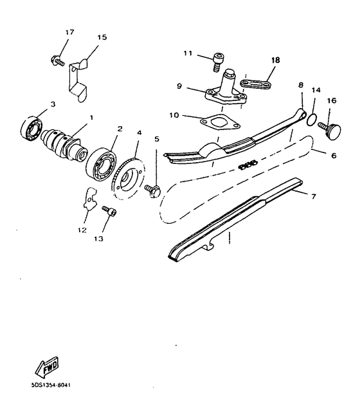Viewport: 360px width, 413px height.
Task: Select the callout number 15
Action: click(x=102, y=38)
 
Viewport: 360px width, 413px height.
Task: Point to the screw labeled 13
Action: click(x=111, y=211)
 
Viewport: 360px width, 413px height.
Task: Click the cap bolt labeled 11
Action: click(x=219, y=62)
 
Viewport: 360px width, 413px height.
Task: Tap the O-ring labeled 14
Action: click(x=310, y=118)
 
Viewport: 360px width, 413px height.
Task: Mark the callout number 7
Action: click(x=314, y=195)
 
